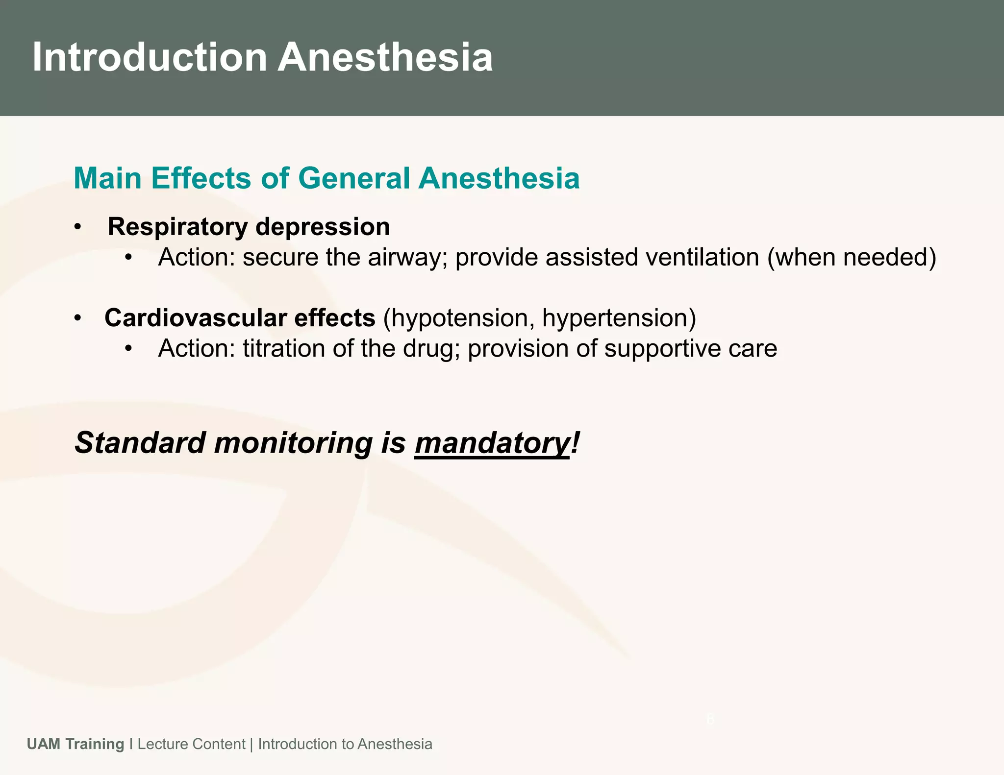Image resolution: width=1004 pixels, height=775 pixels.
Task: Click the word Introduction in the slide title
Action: point(150,58)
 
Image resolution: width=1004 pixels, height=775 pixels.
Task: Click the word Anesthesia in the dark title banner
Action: point(385,58)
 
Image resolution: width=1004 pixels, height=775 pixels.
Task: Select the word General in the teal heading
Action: point(353,178)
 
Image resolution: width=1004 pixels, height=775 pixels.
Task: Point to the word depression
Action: point(323,227)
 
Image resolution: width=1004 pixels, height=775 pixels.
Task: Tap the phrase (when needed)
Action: point(852,258)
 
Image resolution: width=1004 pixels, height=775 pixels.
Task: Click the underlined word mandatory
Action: point(492,443)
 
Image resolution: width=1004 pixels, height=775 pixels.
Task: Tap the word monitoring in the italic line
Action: point(294,443)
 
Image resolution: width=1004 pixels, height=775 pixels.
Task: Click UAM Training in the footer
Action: point(75,744)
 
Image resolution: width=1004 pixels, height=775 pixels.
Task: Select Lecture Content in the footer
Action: point(191,744)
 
